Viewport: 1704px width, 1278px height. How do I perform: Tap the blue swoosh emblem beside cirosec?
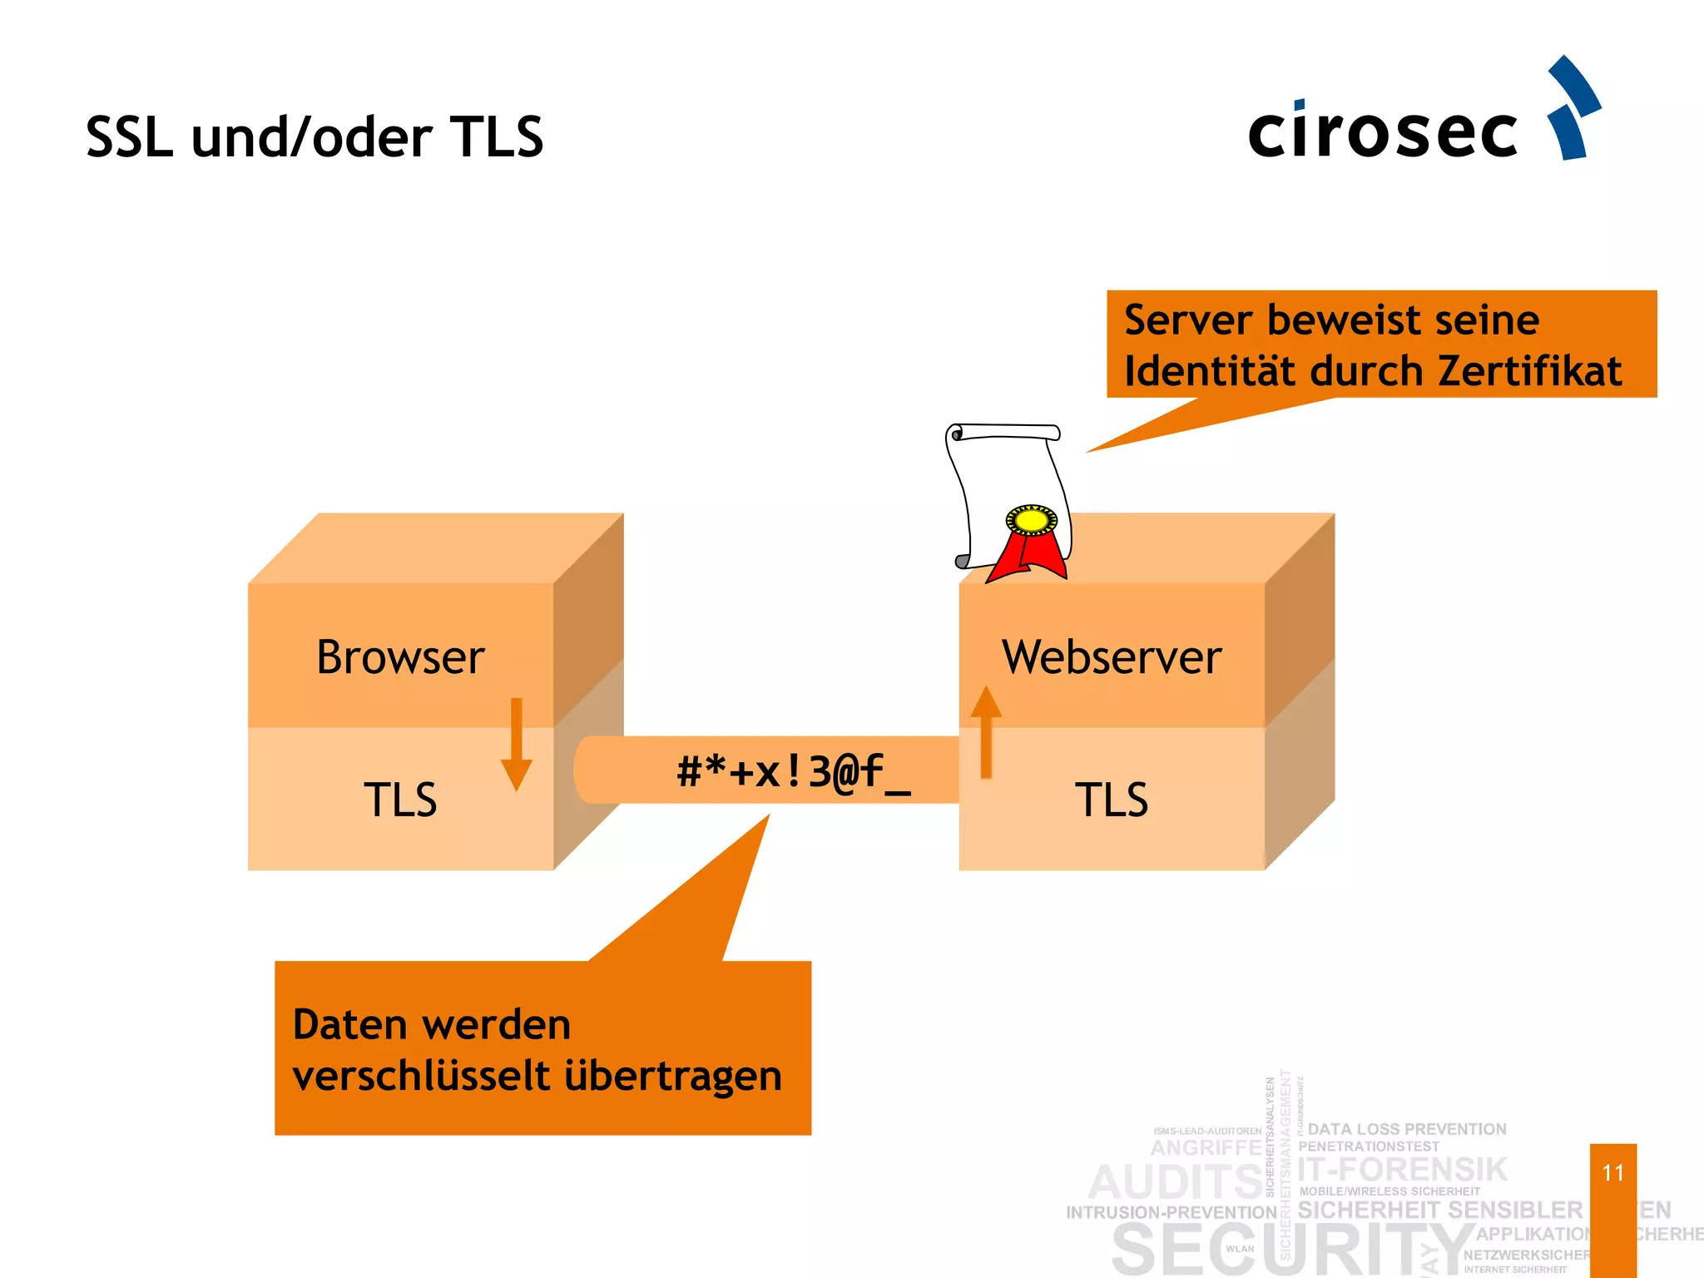[x=1572, y=108]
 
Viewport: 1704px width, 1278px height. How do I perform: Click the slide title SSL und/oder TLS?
[x=315, y=136]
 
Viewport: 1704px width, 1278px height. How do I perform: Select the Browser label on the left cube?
[x=400, y=657]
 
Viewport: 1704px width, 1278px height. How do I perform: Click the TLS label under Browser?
[x=400, y=800]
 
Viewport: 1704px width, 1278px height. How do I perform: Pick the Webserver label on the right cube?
[x=1112, y=657]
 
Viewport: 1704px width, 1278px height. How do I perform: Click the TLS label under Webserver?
[x=1112, y=800]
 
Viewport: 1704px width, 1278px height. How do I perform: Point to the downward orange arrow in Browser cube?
[x=516, y=744]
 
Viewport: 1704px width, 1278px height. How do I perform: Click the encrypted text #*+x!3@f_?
[x=794, y=771]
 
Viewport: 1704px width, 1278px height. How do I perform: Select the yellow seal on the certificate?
[x=1032, y=521]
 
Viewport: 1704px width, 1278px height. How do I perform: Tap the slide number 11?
[x=1612, y=1172]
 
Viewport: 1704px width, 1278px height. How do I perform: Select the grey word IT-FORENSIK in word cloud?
[x=1403, y=1169]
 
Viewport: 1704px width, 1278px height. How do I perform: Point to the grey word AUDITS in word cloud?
[x=1175, y=1181]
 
